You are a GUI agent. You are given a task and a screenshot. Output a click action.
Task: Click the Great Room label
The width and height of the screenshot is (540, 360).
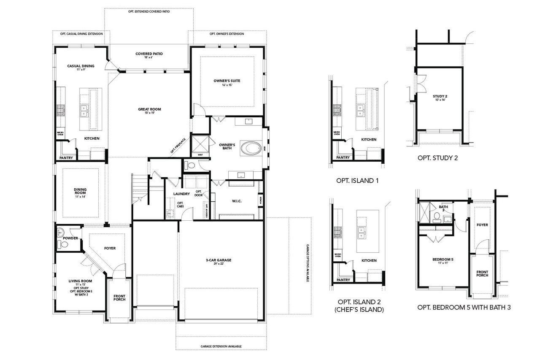tap(149, 109)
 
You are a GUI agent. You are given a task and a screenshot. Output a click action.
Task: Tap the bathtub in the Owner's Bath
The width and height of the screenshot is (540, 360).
tap(250, 149)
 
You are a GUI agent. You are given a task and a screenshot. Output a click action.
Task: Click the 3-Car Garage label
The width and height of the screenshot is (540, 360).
tap(221, 260)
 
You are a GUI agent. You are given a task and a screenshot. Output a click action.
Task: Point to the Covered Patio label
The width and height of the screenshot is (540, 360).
tap(149, 54)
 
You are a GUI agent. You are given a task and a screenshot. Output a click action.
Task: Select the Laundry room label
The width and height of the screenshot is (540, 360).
tap(181, 194)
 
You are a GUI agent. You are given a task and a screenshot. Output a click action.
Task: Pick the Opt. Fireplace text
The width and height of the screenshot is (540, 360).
tap(178, 146)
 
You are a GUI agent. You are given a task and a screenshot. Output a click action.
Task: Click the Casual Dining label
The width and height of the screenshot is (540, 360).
tap(81, 66)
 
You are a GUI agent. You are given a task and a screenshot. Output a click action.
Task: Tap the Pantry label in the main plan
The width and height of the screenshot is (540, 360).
tap(66, 158)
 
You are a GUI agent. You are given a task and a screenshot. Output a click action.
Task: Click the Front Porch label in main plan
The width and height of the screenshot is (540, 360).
tap(119, 298)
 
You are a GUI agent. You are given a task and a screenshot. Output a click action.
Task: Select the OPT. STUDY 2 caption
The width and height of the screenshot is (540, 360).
tap(437, 158)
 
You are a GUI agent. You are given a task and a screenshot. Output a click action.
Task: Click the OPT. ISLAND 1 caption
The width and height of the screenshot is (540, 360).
tap(357, 181)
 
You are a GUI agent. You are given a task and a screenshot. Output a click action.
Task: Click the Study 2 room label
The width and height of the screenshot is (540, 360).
tap(440, 97)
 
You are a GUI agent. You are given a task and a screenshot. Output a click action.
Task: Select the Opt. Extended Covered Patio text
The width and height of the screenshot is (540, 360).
tap(148, 12)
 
